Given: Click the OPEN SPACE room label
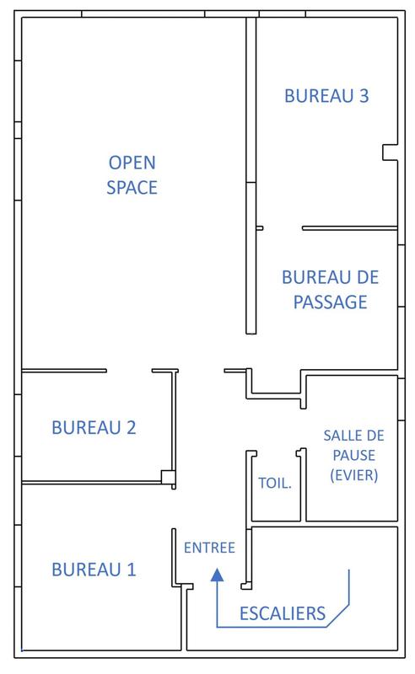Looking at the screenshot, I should pos(132,174).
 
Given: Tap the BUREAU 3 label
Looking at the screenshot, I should pos(326,96).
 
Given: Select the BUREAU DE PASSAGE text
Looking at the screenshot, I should pos(330,289).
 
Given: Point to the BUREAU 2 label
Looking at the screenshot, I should pos(94,427).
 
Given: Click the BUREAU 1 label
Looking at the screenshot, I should pos(94,570).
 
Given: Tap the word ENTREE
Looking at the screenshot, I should pos(208,548).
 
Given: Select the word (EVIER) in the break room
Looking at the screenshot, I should pos(351,475).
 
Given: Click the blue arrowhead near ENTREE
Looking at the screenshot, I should pos(217,575).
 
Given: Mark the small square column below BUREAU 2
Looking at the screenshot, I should pos(169,477).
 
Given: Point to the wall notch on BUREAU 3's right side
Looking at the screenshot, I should pos(389,152).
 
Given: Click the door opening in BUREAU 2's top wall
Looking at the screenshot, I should pos(128,370).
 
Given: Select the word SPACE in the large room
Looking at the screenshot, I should pos(132,187).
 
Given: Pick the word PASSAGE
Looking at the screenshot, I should pos(330,302).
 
